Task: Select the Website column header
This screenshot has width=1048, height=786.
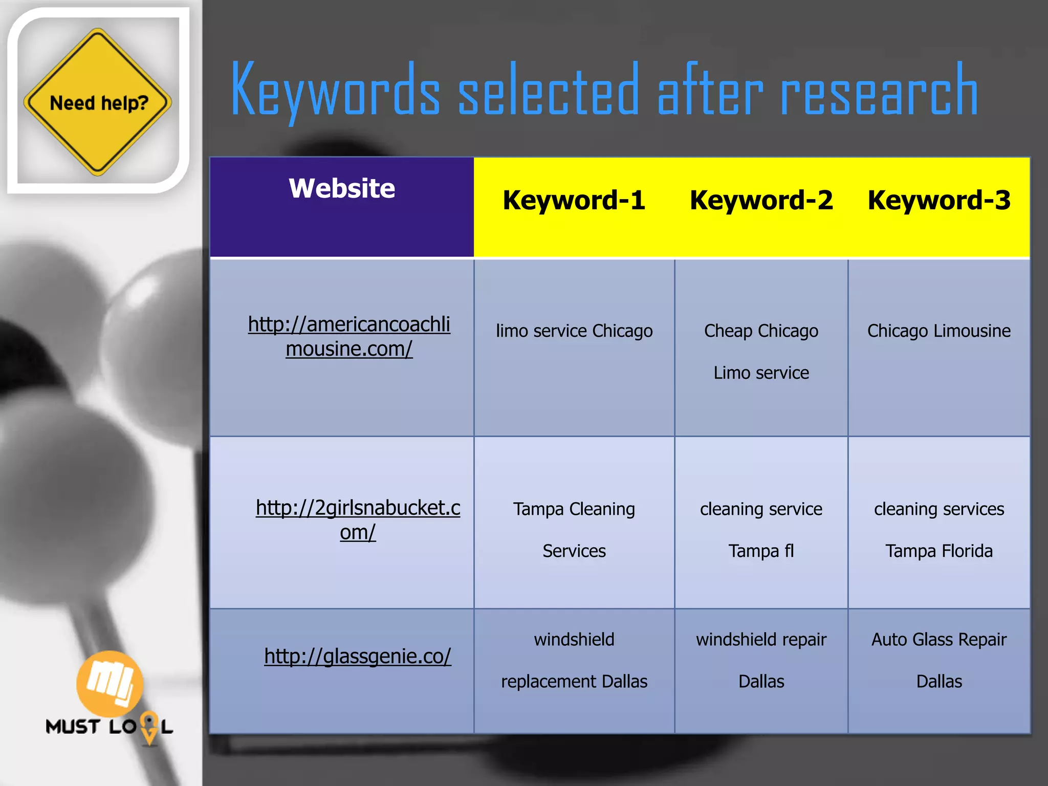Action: (x=342, y=188)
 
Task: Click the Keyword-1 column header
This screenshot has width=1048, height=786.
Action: (x=574, y=200)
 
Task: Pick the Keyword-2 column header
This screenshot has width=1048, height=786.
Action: (x=761, y=200)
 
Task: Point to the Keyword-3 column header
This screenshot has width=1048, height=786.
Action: (x=939, y=200)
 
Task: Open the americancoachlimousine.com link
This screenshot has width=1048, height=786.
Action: (x=349, y=336)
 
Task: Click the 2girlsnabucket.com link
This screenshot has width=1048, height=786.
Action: (x=358, y=520)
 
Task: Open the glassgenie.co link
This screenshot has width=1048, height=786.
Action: (x=358, y=657)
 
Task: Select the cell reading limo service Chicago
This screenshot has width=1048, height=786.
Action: (x=574, y=331)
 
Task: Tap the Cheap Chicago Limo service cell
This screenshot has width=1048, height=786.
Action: (x=761, y=352)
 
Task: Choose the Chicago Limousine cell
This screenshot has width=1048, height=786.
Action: (x=939, y=331)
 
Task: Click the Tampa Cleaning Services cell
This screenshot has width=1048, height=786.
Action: (x=574, y=530)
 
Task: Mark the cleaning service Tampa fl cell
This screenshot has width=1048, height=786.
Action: (x=761, y=530)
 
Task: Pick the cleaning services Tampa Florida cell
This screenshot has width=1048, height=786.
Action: (x=939, y=530)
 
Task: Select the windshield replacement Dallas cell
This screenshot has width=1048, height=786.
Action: (x=574, y=660)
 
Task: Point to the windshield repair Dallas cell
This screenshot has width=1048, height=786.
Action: (x=761, y=660)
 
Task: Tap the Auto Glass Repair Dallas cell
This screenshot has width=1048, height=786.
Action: (x=939, y=660)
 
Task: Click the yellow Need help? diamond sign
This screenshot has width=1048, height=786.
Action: (x=97, y=102)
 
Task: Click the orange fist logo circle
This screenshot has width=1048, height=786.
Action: (x=110, y=684)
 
